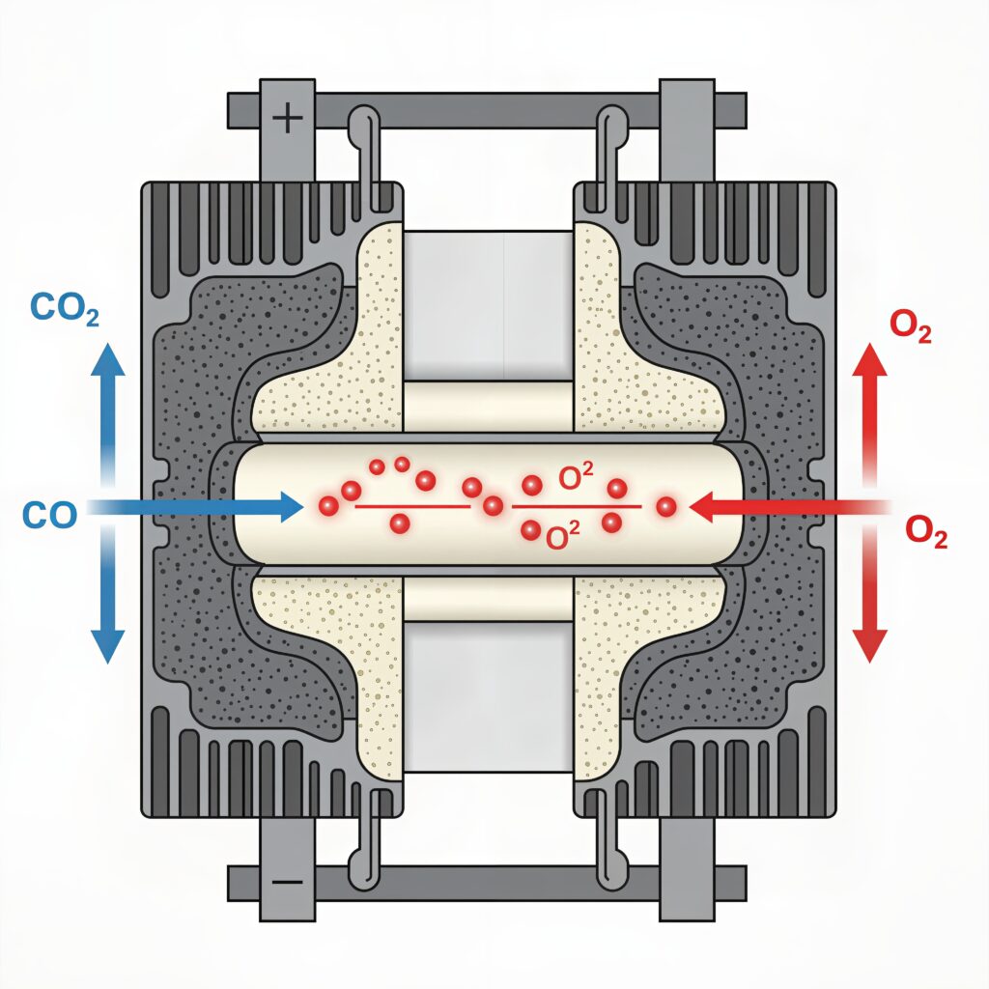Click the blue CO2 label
66,308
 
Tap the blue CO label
48,514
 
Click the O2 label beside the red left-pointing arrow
926,532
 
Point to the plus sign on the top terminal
288,120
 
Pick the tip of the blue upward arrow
107,348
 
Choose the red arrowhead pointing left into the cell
703,505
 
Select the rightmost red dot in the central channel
664,505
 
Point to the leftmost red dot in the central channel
328,505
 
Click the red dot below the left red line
399,523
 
